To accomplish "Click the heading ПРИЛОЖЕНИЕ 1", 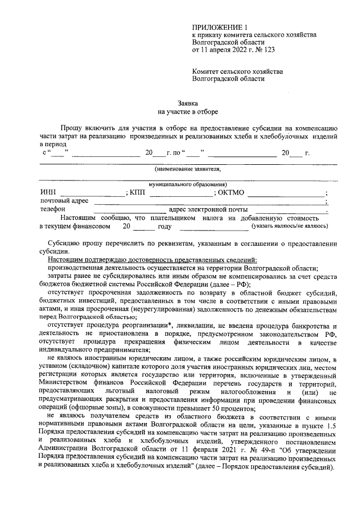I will [x=219, y=26].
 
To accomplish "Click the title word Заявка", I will [x=188, y=103].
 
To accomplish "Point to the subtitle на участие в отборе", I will [x=188, y=112].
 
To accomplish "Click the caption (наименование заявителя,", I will [x=188, y=169].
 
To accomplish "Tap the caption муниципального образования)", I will [x=188, y=184].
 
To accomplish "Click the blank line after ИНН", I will [x=93, y=194].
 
